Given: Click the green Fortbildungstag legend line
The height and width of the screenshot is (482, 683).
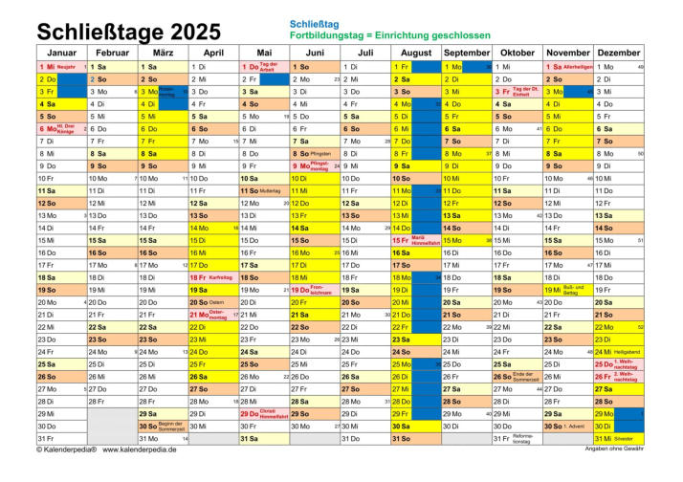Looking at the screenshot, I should (x=389, y=34).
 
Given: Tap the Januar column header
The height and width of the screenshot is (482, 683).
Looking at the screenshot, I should (x=61, y=52).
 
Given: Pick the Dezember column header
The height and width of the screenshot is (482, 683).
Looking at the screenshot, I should (x=619, y=52).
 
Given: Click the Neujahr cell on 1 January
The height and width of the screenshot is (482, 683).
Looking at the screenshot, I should (x=61, y=67).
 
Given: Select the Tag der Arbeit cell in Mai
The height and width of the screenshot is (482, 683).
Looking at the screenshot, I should (x=264, y=67).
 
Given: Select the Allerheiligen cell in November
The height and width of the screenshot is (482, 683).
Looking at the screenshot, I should (x=568, y=67).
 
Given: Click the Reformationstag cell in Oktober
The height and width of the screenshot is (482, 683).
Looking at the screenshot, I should (x=518, y=439).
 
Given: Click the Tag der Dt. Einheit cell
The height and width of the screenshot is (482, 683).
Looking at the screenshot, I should (x=518, y=92).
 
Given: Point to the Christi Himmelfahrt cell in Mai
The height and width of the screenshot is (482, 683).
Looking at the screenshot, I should (x=264, y=414).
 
